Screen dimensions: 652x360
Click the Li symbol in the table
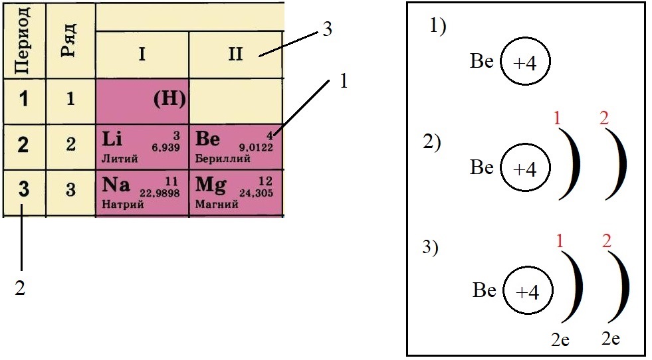click(112, 138)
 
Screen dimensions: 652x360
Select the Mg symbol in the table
click(211, 185)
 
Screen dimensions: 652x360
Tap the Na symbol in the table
click(116, 184)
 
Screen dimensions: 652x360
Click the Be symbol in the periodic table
click(207, 138)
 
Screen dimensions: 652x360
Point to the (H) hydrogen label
click(169, 100)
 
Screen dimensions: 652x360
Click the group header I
click(142, 54)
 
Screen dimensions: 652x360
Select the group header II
click(235, 54)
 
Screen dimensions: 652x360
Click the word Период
click(23, 40)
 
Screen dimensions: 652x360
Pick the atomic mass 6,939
click(166, 147)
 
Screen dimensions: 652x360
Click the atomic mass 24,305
click(256, 193)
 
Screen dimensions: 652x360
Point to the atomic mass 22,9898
click(160, 193)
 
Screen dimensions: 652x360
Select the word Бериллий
click(223, 158)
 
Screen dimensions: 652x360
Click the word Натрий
click(123, 204)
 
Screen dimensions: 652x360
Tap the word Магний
click(217, 204)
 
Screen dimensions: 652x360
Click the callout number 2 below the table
click(20, 288)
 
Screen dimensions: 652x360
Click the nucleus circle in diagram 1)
click(525, 61)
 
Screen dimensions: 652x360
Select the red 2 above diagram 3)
click(607, 241)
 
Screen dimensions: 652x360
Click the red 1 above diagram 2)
click(557, 119)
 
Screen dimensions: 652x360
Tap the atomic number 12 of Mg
click(265, 181)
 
